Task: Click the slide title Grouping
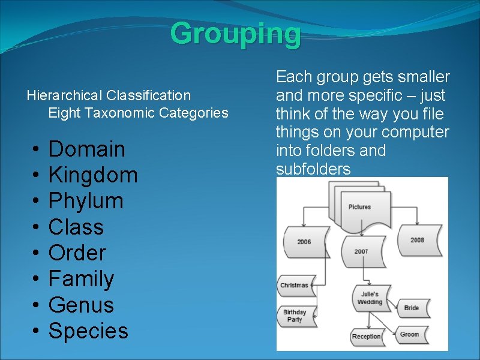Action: coord(235,34)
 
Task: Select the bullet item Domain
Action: coord(87,149)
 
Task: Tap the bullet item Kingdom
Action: coord(93,175)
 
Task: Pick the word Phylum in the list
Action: coord(86,201)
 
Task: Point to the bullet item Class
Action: coord(76,227)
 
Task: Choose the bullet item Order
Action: coord(77,253)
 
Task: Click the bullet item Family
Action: coord(81,279)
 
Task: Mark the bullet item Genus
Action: coord(81,305)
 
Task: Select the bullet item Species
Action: coord(88,331)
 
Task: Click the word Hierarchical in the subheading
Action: coord(64,95)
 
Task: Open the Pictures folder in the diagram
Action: coord(359,207)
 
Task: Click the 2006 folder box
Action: coord(304,242)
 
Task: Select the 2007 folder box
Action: coord(361,251)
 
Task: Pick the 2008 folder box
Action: coord(417,240)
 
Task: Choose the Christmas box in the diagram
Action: coord(294,286)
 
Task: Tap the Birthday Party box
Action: coord(295,316)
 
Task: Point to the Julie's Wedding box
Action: coord(370,298)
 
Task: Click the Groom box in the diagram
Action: coord(410,334)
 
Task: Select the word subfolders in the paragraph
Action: coord(313,169)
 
